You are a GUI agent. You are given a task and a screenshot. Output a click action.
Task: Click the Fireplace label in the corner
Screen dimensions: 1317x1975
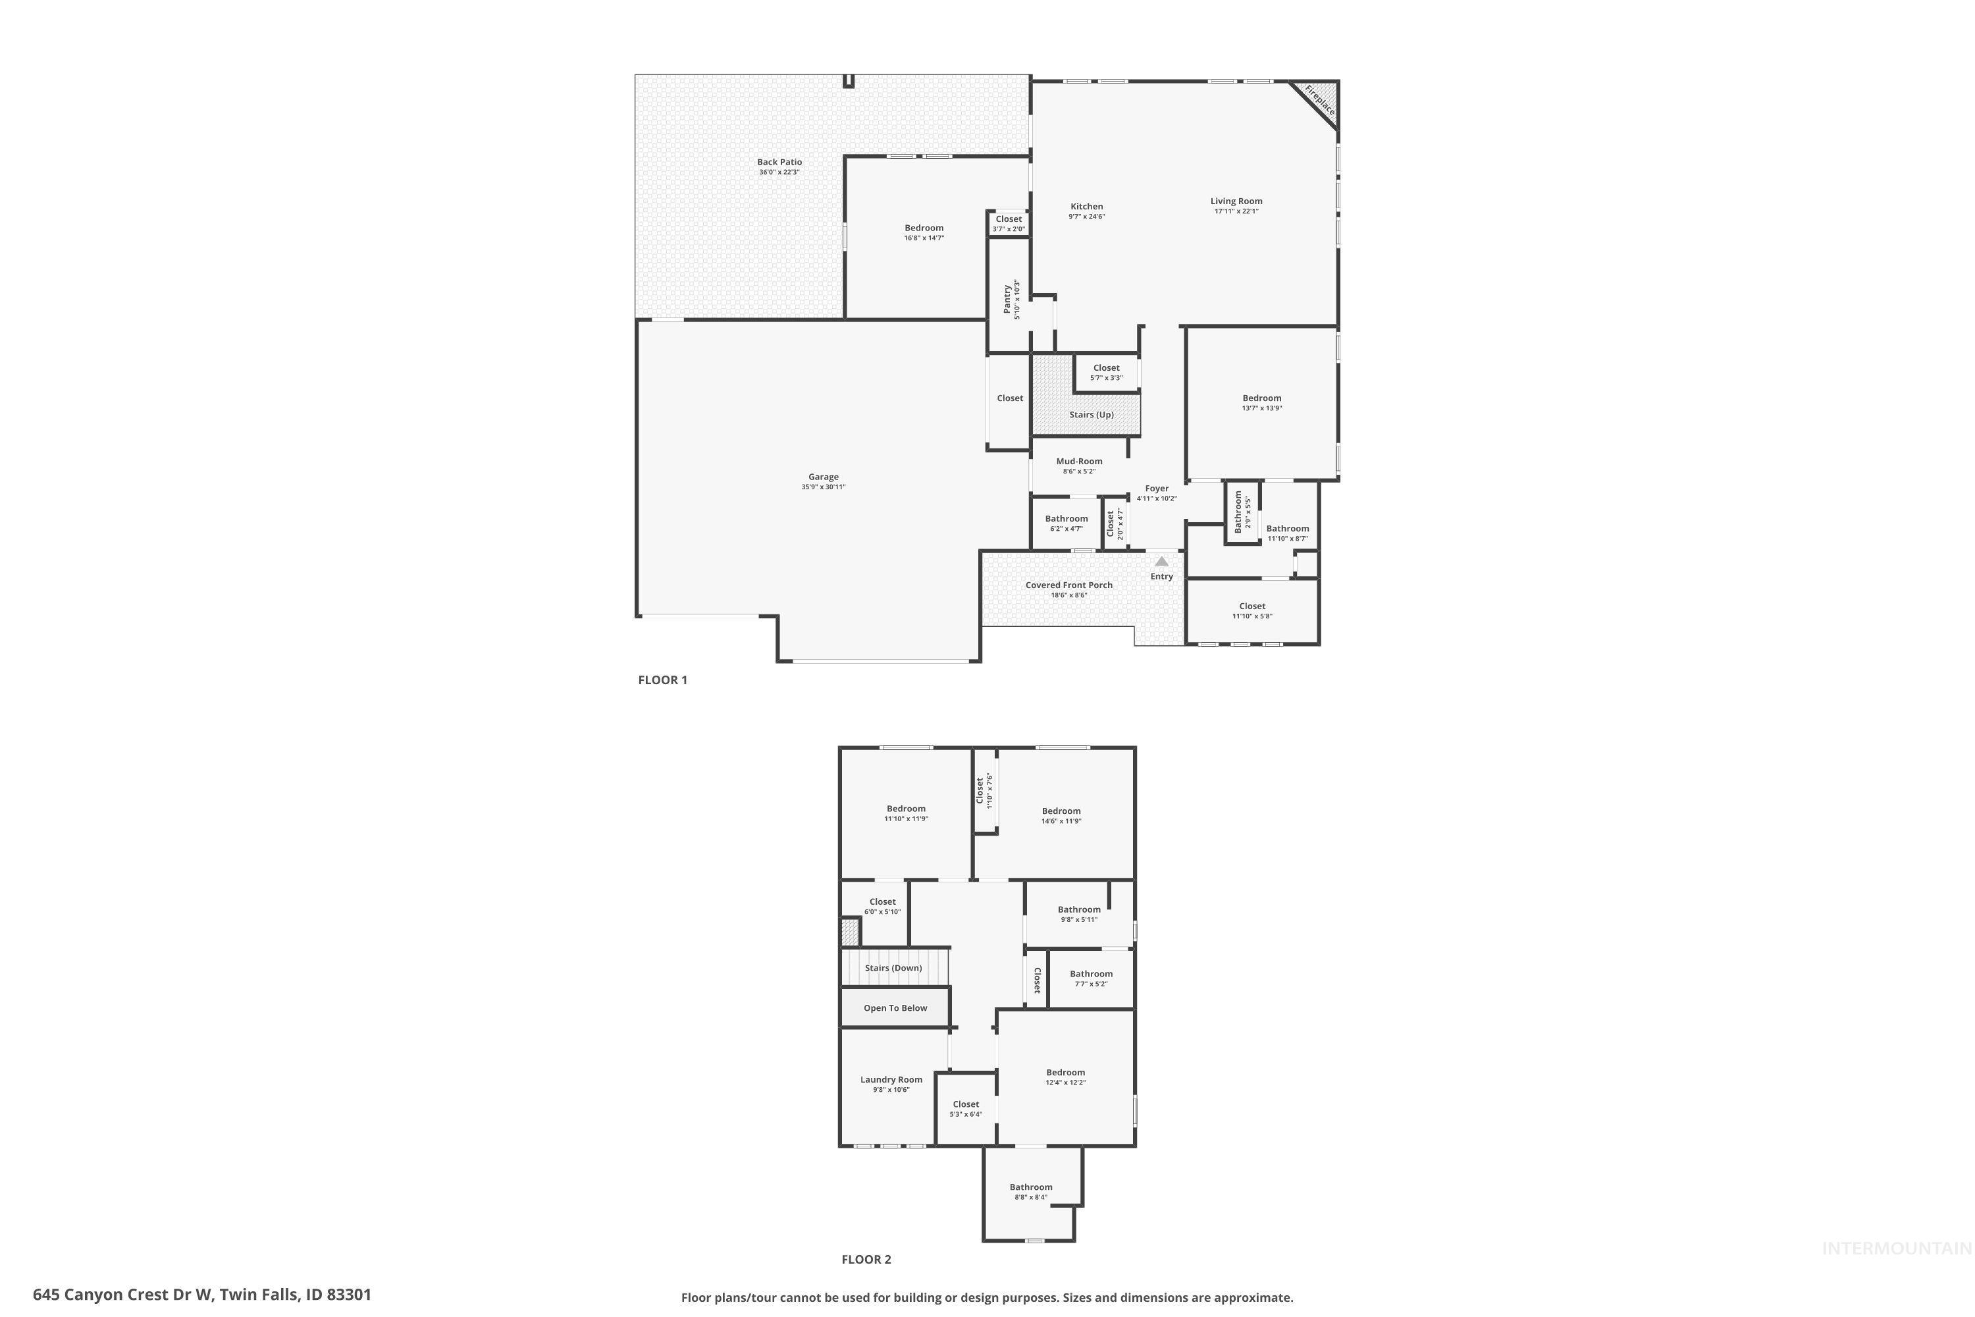point(1319,101)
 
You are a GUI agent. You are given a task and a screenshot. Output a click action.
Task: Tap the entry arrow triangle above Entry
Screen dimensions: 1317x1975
point(1161,561)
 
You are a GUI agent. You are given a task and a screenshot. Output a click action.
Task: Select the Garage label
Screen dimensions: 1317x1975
point(823,477)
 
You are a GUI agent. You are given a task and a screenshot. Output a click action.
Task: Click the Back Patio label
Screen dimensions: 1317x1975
point(779,162)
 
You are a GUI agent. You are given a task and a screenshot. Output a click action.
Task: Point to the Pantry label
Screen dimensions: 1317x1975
point(1007,300)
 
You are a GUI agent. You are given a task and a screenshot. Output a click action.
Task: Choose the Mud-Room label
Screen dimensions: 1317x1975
point(1079,461)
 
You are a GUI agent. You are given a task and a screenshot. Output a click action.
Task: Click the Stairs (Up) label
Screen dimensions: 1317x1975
point(1091,415)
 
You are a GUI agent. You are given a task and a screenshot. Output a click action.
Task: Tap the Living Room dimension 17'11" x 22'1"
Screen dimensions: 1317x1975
point(1236,211)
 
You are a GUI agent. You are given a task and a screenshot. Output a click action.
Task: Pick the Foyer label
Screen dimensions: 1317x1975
point(1156,488)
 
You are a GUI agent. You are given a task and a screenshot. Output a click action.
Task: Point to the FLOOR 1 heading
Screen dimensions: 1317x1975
point(662,680)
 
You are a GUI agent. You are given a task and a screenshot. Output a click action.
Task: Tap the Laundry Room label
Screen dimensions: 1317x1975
point(891,1080)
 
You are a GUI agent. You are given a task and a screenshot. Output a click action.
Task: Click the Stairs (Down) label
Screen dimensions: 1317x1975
point(893,967)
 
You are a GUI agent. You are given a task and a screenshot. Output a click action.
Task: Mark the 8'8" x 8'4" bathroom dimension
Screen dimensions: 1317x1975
point(1030,1198)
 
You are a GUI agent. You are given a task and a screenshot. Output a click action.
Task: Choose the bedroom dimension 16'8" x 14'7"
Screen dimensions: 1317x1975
point(924,238)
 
